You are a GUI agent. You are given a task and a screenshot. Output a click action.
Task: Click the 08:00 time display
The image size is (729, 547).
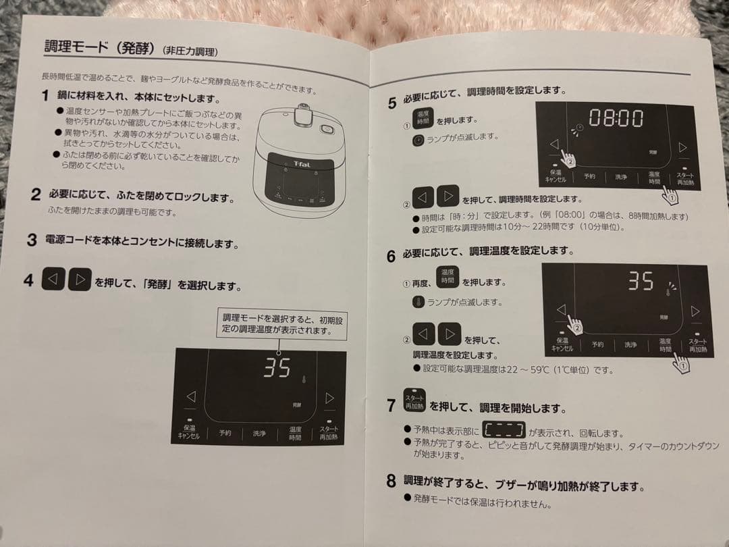pos(616,119)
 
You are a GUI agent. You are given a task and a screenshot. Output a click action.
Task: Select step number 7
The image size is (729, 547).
pos(391,405)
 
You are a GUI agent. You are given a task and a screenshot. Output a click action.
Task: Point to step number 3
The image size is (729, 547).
pos(32,240)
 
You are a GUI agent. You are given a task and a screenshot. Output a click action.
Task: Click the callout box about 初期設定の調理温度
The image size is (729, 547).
pos(282,325)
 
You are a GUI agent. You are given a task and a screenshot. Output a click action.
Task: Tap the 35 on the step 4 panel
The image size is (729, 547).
pos(277,368)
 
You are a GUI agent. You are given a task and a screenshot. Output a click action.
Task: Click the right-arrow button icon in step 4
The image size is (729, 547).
pos(80,280)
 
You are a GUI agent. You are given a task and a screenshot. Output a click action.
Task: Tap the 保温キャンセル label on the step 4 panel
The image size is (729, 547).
pos(188,432)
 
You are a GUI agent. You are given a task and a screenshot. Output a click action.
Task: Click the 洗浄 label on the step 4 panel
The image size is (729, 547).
pos(259,433)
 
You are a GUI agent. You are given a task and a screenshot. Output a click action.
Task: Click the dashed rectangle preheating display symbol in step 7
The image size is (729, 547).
pos(504,431)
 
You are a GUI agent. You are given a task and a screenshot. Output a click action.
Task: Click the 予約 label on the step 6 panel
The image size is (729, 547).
pos(598,344)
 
